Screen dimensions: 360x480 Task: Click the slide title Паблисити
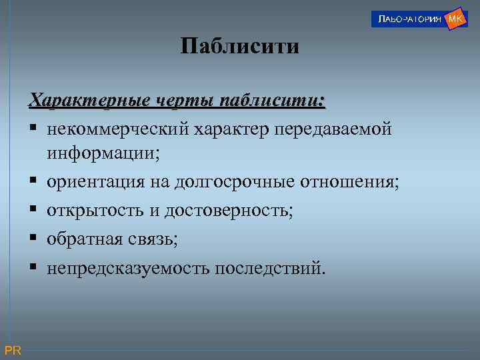[x=240, y=47]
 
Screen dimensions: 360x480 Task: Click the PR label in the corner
[x=13, y=351]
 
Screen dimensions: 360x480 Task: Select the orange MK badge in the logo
[x=456, y=18]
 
